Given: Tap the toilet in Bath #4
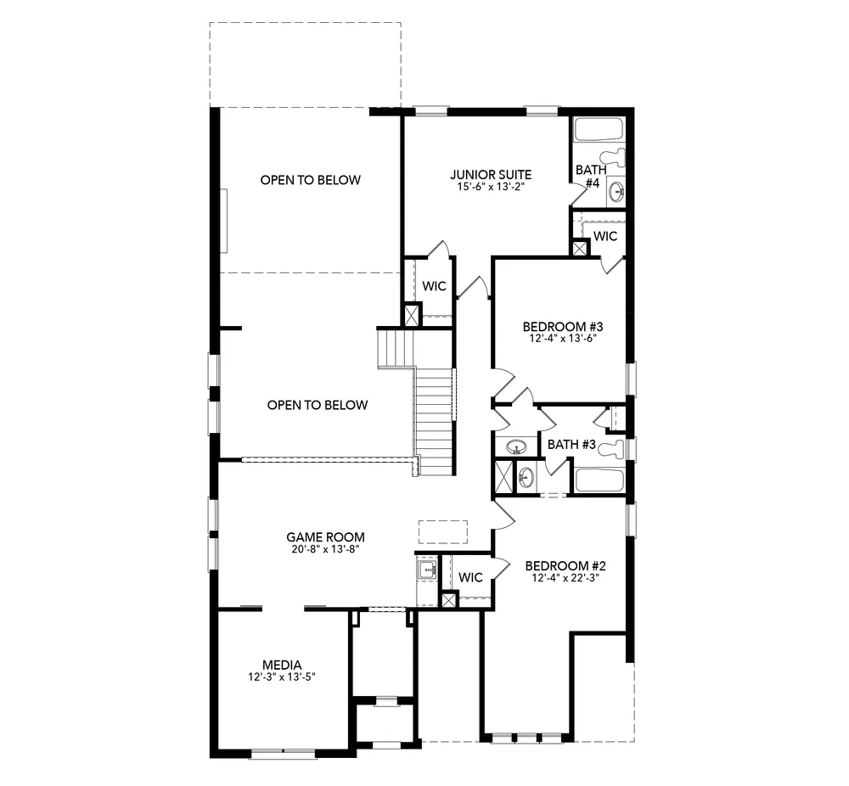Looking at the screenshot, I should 613,158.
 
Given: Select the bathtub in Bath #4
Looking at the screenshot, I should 599,130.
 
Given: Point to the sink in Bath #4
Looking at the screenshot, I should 616,191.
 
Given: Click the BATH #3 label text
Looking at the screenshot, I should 571,444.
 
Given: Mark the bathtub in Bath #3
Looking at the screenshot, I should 599,480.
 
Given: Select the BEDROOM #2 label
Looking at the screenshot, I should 564,566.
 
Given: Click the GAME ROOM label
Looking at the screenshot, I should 325,536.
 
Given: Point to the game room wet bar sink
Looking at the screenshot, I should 425,570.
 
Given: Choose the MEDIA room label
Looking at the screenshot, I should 282,665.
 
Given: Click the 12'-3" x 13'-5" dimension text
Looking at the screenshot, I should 282,677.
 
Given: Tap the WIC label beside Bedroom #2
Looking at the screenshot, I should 470,577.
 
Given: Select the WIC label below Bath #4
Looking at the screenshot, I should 605,236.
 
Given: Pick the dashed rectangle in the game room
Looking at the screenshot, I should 442,531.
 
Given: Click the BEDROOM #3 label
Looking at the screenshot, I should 561,327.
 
